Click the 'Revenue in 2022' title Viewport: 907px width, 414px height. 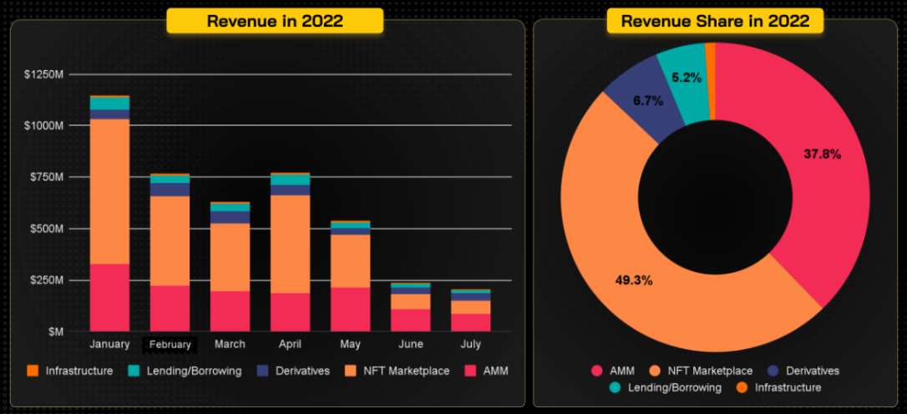point(275,21)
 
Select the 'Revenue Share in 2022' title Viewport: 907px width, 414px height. point(715,21)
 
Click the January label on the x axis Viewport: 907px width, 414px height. point(109,345)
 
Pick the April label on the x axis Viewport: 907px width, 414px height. point(290,345)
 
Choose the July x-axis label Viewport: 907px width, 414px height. point(470,345)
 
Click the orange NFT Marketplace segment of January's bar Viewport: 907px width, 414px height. point(109,191)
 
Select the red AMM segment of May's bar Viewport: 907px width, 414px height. point(350,309)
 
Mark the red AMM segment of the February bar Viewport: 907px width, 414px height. point(170,308)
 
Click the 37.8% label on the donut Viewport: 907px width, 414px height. point(822,154)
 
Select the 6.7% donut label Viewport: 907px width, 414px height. point(648,101)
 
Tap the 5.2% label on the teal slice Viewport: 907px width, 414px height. point(687,78)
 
